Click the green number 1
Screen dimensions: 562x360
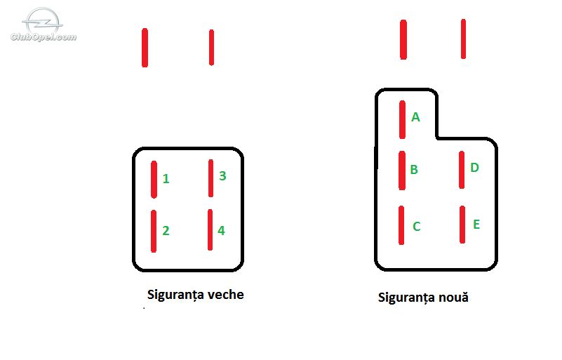coord(166,178)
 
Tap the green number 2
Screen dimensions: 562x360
coord(166,231)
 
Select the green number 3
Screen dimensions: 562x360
coord(222,175)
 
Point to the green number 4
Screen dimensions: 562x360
coord(222,231)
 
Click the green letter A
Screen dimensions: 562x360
coord(415,117)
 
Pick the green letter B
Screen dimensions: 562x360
coord(414,169)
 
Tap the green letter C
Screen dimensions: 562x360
coord(416,226)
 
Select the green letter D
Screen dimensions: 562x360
coord(474,168)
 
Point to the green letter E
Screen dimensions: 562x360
coord(476,225)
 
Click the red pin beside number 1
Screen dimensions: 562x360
coord(154,179)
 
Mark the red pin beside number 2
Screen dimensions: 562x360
coord(154,231)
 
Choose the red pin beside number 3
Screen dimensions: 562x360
coord(210,178)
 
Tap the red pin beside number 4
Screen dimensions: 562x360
coord(210,229)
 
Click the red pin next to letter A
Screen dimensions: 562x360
coord(402,119)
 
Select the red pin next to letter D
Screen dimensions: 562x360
coord(462,170)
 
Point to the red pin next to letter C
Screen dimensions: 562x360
coord(401,225)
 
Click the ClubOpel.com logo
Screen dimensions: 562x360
coord(44,25)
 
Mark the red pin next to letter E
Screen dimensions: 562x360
coord(462,225)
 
